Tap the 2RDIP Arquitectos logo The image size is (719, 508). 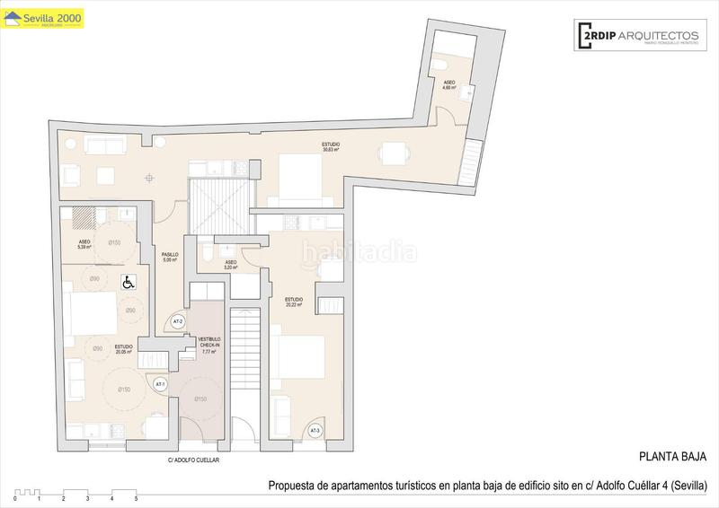tap(635, 35)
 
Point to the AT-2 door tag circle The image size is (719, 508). tap(177, 321)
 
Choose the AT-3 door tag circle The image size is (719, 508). tap(315, 431)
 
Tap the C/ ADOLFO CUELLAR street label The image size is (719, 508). tap(194, 460)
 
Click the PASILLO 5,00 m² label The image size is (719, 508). tap(169, 258)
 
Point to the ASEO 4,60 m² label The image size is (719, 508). tap(448, 85)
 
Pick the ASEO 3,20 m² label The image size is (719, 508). tap(230, 265)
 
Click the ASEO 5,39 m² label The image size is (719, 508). tap(84, 244)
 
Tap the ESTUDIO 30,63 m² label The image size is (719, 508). tap(333, 147)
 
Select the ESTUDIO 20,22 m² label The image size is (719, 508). tap(294, 302)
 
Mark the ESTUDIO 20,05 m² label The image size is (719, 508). tap(124, 349)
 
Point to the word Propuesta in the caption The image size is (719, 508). tap(291, 486)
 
